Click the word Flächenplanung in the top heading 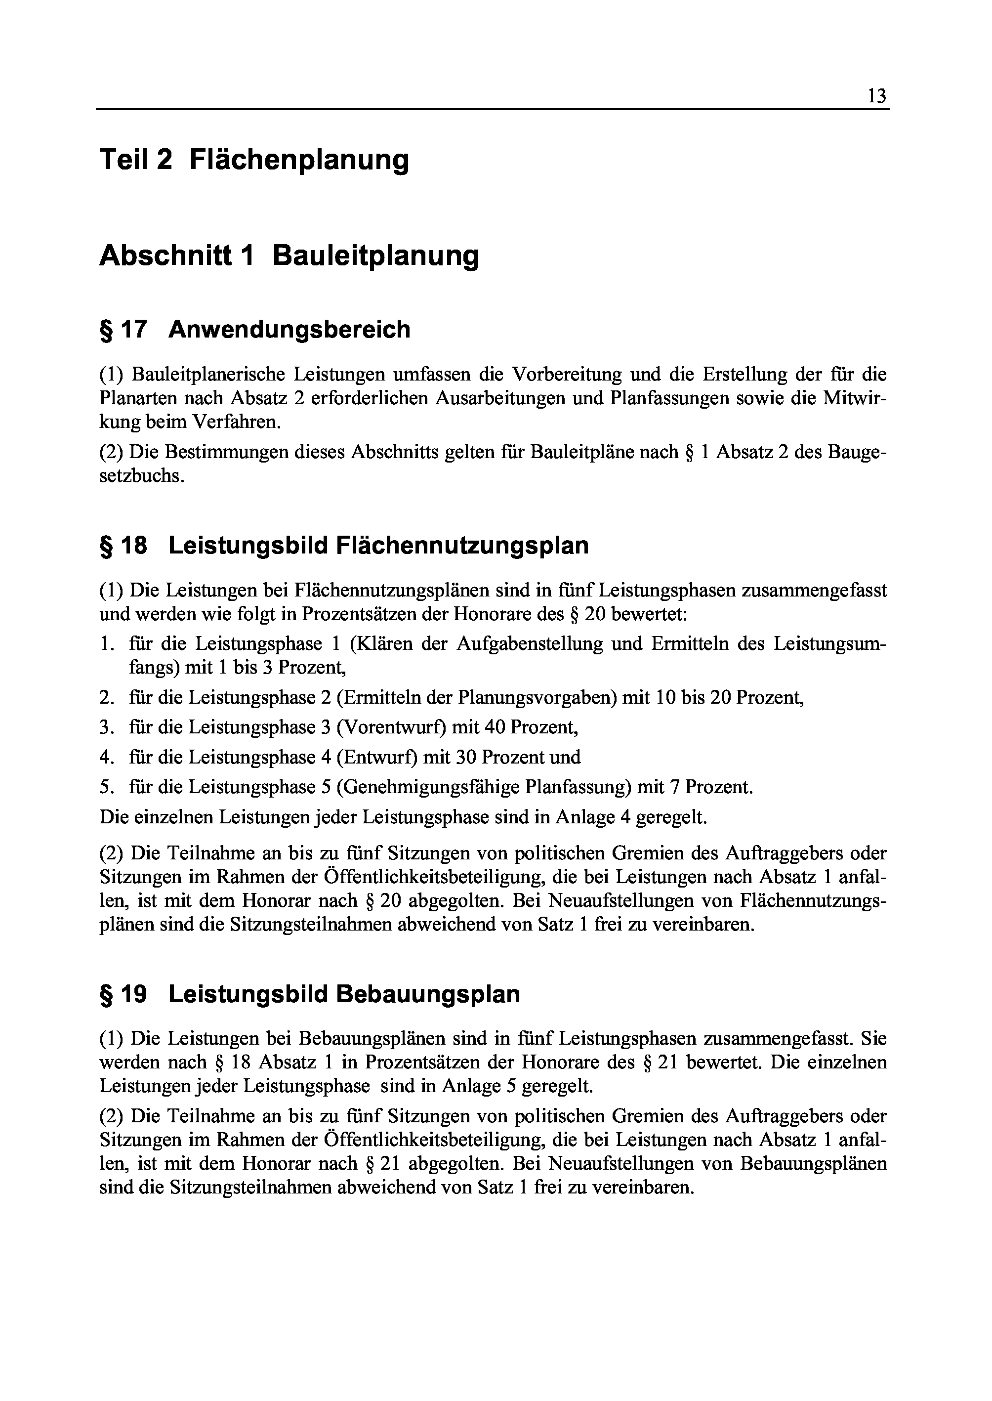[x=299, y=160]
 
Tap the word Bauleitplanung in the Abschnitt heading [x=375, y=256]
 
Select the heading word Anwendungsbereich [x=289, y=330]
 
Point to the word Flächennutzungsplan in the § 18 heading [x=462, y=546]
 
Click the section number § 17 [x=123, y=330]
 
